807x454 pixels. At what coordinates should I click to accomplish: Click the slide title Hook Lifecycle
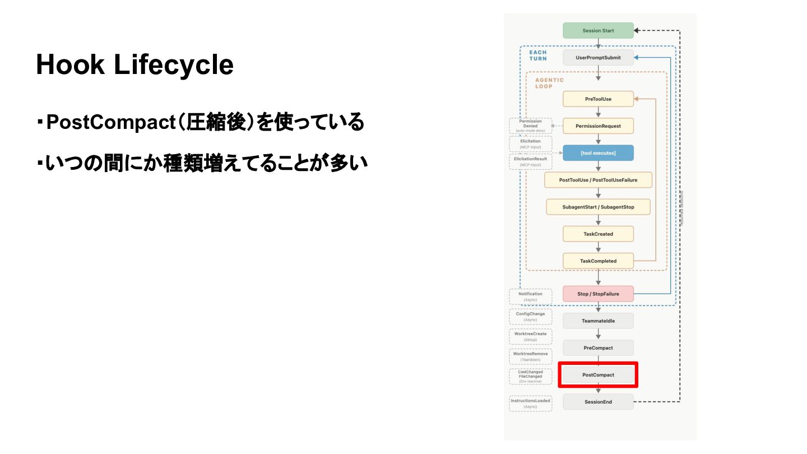pos(134,65)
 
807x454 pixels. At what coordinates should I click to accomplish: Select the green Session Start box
pos(598,31)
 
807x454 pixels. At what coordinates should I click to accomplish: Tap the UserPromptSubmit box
pos(598,58)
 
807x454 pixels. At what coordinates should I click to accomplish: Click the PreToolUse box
pos(598,99)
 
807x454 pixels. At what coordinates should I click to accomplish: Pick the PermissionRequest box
pos(598,126)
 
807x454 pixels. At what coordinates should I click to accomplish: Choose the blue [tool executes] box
pos(598,153)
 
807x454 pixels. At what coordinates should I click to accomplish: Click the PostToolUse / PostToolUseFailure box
pos(598,180)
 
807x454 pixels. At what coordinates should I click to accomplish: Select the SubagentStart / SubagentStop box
pos(598,207)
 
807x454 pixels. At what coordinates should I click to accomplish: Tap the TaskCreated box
pos(598,234)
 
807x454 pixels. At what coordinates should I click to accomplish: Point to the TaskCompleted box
pos(598,261)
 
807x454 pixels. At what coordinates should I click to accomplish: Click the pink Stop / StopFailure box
pos(598,294)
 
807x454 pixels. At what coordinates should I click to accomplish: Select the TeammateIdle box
pos(598,321)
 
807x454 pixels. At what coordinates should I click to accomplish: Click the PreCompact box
pos(598,348)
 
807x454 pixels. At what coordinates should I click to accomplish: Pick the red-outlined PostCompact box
pos(598,374)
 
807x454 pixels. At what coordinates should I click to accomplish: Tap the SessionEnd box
pos(598,402)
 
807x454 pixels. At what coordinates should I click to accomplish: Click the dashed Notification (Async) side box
pos(530,297)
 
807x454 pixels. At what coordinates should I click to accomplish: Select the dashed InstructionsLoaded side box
pos(530,404)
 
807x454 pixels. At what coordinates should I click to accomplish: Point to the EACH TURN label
pos(538,55)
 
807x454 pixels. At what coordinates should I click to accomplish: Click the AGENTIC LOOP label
pos(549,83)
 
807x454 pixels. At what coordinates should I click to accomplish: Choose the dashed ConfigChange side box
pos(530,317)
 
